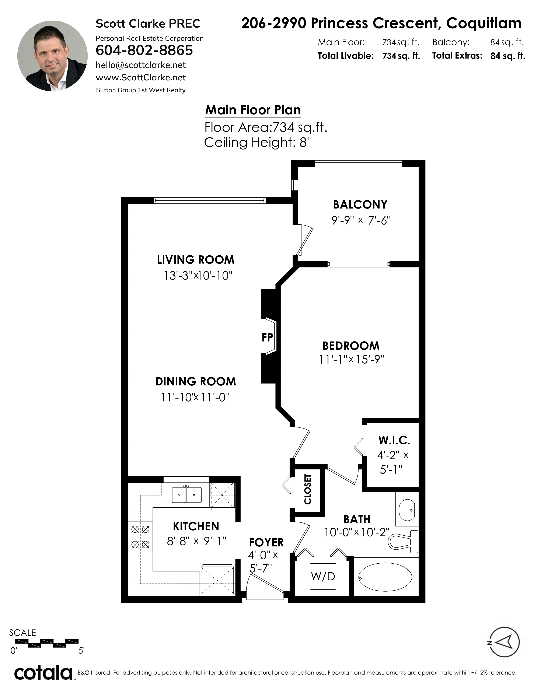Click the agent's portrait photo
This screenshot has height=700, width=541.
coord(52,56)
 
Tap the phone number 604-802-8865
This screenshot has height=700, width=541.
coord(144,50)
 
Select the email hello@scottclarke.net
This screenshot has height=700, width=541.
coord(141,65)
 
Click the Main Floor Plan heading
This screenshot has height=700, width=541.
coord(253,110)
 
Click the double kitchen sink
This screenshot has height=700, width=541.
coord(187,495)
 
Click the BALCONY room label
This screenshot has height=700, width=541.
coord(360,204)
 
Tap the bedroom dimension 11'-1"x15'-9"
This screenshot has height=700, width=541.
coord(352,360)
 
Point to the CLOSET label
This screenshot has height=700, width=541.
coord(307,489)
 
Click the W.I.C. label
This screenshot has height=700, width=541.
coord(394,440)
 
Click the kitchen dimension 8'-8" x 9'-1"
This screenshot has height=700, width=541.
coord(196,541)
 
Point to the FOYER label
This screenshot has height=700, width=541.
coord(266,542)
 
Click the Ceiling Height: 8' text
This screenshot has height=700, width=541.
coord(256,142)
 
